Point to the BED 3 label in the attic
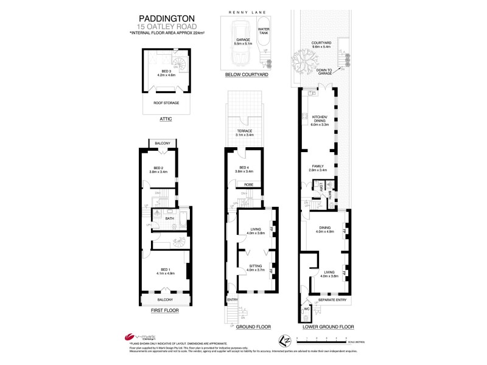coord(161,72)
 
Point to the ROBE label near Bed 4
coord(248,184)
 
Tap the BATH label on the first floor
coord(170,218)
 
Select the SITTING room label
coord(254,266)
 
